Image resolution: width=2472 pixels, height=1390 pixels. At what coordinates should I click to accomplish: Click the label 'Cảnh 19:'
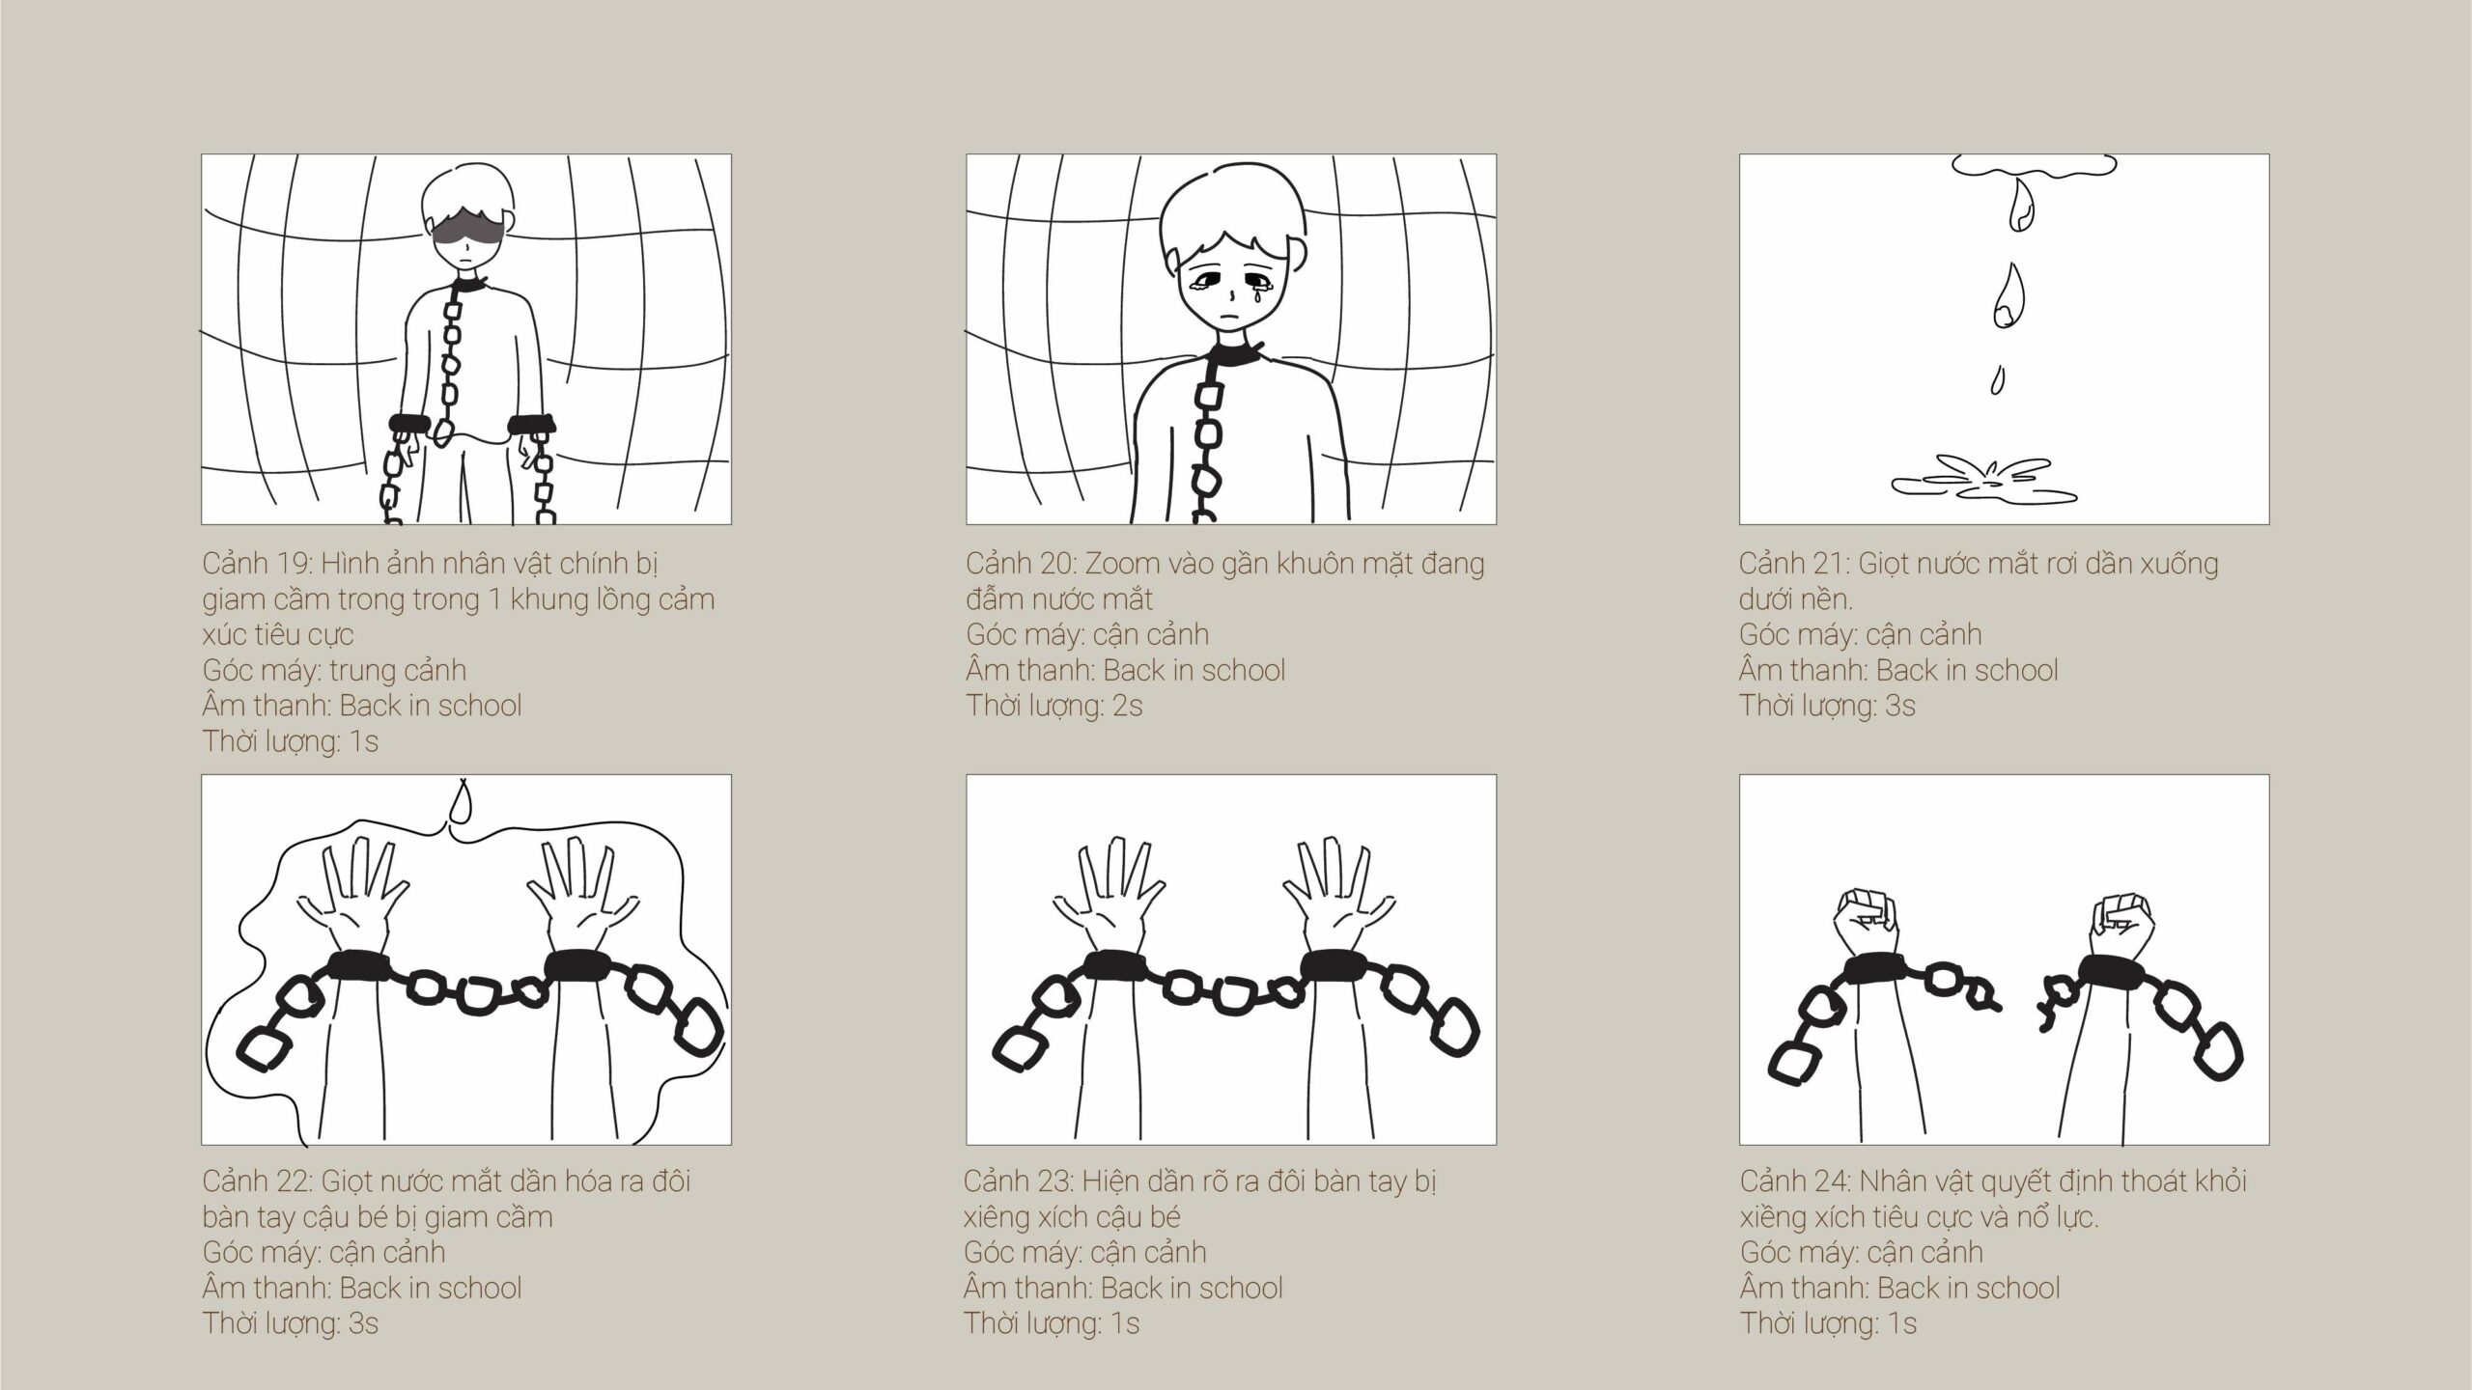(x=256, y=564)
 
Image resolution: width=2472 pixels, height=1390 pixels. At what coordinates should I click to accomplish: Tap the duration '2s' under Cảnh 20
(x=1127, y=706)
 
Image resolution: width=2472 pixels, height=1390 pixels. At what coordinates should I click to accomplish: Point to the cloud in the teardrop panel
(x=2035, y=167)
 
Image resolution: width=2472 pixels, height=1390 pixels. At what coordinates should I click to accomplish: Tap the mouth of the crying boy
(x=1228, y=318)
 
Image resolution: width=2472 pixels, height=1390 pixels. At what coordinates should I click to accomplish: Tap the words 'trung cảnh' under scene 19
(x=398, y=670)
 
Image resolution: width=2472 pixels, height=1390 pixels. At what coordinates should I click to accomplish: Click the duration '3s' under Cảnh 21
(x=1899, y=706)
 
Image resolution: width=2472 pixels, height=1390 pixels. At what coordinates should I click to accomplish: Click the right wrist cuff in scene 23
(x=1333, y=966)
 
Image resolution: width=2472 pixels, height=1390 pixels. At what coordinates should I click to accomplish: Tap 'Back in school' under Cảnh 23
(x=1192, y=1288)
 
